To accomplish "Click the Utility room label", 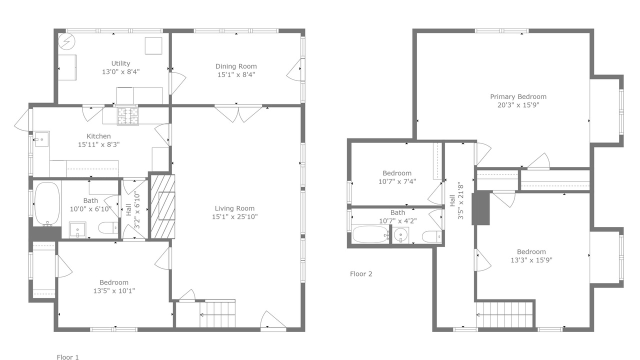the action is point(120,63).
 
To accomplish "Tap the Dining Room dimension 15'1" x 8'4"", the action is point(236,74).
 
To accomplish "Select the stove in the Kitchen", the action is point(127,115).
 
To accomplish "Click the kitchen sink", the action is point(41,139).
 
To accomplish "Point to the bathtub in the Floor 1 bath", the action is point(47,204).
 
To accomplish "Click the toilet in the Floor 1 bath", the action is point(108,228).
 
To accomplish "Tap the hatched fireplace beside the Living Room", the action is point(162,206).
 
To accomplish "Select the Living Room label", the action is point(234,208).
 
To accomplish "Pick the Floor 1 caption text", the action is point(67,357).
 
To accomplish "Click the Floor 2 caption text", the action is point(361,273).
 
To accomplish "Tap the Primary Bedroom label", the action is point(518,96).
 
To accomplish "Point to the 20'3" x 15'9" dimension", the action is point(518,105).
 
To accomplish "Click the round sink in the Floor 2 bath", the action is point(400,235).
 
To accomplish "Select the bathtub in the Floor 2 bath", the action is point(370,234).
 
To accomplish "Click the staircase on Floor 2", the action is point(504,315).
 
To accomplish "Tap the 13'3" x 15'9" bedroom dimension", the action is point(531,260).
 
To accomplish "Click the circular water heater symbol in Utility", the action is point(66,41).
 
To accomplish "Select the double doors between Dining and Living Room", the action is point(238,114).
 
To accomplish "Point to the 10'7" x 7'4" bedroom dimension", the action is point(397,181).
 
